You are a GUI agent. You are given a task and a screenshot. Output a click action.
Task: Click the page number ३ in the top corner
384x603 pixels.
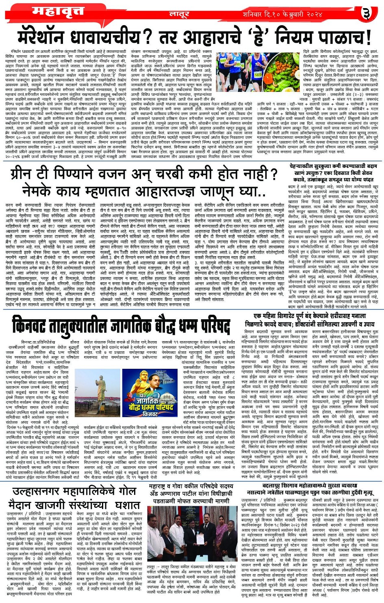coord(367,13)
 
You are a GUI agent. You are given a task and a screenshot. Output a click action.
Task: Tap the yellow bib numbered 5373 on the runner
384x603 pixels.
coord(258,74)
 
